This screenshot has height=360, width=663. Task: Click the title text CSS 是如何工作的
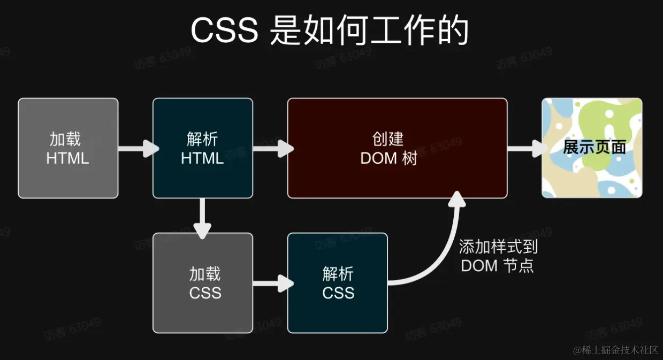click(x=330, y=31)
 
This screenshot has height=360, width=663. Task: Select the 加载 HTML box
click(x=68, y=148)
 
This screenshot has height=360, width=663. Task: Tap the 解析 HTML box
click(x=202, y=148)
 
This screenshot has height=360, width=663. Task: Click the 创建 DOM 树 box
click(x=397, y=148)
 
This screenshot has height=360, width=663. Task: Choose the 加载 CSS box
click(x=202, y=283)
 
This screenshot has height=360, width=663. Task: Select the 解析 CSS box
click(x=337, y=283)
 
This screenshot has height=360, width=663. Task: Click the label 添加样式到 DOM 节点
click(x=498, y=256)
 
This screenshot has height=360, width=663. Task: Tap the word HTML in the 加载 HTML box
click(x=67, y=158)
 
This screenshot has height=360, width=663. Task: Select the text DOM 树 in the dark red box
click(x=388, y=158)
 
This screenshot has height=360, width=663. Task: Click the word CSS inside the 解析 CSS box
click(x=338, y=293)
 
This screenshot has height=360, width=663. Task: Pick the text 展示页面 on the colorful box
click(x=594, y=147)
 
